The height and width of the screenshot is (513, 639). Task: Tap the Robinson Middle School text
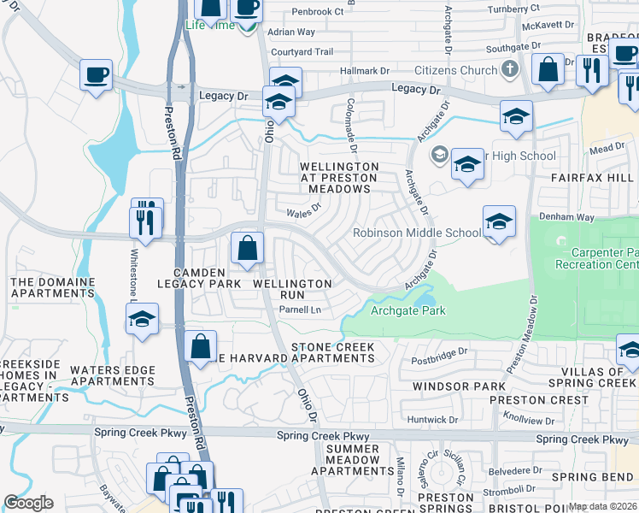pos(418,233)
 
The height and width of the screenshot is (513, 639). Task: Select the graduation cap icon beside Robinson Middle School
pos(499,222)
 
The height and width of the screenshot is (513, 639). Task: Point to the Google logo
pos(28,503)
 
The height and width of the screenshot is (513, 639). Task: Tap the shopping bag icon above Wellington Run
pos(247,250)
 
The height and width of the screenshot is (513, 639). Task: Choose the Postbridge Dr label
pos(440,351)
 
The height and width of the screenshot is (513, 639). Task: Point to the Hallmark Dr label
pos(364,72)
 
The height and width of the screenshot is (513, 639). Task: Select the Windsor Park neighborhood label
pos(459,386)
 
